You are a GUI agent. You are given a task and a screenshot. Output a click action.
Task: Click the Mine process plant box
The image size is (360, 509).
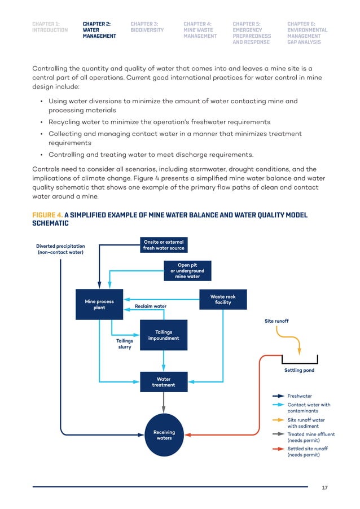click(99, 304)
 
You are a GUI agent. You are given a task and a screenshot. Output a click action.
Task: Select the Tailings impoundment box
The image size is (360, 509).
click(164, 335)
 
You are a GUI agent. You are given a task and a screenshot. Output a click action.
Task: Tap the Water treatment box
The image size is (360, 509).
click(164, 382)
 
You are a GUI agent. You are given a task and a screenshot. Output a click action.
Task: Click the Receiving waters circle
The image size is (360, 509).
click(164, 435)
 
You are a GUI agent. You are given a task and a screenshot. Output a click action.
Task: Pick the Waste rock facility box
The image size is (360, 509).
click(223, 300)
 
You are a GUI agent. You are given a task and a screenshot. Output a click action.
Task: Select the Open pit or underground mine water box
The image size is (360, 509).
click(188, 271)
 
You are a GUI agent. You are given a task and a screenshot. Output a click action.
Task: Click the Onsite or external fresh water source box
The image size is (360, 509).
click(164, 245)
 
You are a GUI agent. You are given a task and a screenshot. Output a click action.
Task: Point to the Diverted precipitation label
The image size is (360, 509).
click(60, 249)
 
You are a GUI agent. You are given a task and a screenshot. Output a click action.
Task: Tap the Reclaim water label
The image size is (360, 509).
click(150, 306)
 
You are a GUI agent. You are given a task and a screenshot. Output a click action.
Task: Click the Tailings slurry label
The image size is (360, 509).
click(125, 344)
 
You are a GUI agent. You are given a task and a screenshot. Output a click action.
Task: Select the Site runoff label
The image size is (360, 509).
click(276, 321)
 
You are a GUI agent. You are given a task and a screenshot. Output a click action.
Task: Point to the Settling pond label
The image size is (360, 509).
click(299, 371)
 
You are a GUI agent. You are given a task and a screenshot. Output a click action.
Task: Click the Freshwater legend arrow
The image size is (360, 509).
click(278, 396)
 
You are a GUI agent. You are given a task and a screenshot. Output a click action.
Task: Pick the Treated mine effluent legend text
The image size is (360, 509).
click(311, 437)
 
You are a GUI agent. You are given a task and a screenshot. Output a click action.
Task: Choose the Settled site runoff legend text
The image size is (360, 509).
click(308, 451)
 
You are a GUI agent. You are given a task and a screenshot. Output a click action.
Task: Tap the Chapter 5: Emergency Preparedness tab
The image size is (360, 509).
click(252, 33)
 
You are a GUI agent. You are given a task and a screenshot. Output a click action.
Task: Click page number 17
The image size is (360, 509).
click(324, 488)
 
